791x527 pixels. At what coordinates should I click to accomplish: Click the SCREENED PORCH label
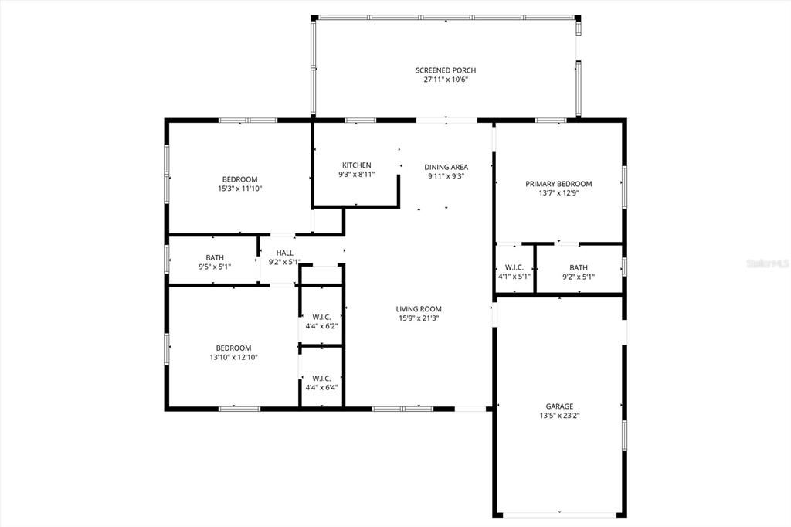point(446,70)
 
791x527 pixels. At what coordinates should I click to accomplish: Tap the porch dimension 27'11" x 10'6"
point(446,80)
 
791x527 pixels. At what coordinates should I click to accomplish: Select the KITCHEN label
point(357,165)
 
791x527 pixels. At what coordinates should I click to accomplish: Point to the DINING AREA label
point(446,167)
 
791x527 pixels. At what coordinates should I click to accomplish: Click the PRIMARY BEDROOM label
point(558,184)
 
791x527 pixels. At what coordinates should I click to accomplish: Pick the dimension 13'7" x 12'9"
point(558,193)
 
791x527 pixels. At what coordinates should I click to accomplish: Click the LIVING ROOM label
point(420,309)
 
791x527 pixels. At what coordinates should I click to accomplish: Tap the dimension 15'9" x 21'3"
point(420,318)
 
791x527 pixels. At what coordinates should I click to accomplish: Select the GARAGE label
point(559,406)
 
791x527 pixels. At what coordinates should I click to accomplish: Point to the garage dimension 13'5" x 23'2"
point(559,416)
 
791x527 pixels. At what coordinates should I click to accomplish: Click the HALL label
point(284,253)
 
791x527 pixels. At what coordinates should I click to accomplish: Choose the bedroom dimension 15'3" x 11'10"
point(240,189)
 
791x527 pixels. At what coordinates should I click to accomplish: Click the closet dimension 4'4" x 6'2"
point(321,326)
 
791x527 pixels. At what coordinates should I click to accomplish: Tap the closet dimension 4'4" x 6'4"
point(321,387)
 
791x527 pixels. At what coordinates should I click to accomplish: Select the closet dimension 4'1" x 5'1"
point(514,276)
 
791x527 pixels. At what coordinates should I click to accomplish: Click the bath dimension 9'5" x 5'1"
point(215,267)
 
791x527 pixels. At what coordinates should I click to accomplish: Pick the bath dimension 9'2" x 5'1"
point(579,276)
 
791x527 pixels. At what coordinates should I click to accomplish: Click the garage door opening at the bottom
point(560,515)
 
